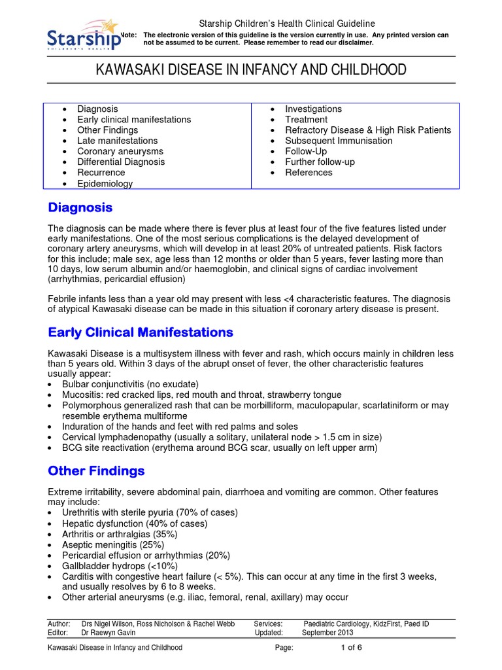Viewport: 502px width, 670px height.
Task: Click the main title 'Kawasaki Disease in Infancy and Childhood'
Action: [x=251, y=70]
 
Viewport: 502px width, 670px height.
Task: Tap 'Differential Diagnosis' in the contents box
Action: [x=121, y=162]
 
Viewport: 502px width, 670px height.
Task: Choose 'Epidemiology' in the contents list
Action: [x=105, y=184]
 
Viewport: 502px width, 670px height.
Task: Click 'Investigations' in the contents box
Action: [x=313, y=109]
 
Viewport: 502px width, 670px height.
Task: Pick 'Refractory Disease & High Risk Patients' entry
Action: [x=367, y=130]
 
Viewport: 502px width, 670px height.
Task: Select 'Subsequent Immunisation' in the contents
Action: [x=339, y=141]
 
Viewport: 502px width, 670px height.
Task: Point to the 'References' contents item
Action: [x=309, y=173]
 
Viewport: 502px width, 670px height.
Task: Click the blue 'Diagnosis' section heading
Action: [x=80, y=207]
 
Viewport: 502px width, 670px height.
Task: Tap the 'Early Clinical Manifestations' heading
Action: [x=141, y=332]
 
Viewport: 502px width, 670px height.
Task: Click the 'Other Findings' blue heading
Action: [x=96, y=471]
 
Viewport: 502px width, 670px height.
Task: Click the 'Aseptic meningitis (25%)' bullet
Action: [x=113, y=544]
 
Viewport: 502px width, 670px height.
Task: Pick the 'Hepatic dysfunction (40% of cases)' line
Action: [x=135, y=523]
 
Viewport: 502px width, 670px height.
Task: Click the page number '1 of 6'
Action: [x=351, y=648]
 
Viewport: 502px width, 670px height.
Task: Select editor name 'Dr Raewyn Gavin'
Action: [x=109, y=633]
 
